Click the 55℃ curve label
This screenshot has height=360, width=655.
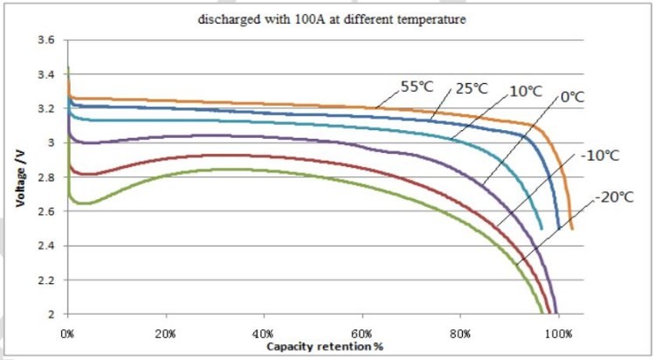417,87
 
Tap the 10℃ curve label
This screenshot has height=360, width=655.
525,90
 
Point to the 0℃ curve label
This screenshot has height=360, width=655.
571,98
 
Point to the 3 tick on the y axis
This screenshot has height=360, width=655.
53,142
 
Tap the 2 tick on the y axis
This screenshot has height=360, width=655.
53,314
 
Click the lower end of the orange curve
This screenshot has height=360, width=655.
572,228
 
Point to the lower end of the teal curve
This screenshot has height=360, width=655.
542,228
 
